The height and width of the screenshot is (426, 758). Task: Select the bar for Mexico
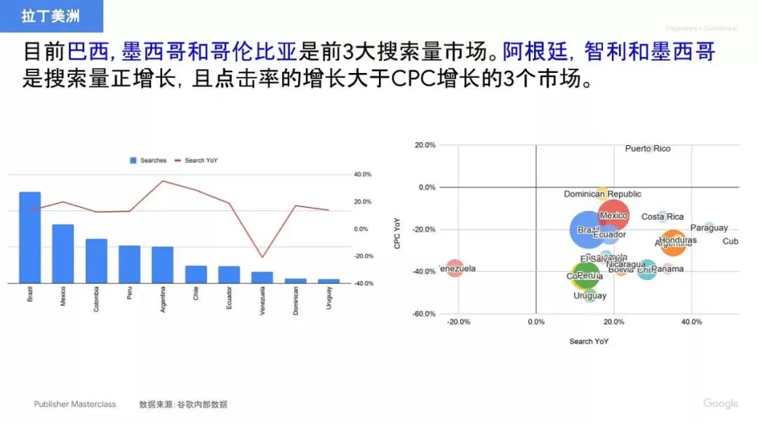click(62, 253)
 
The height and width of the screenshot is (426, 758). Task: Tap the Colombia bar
click(96, 261)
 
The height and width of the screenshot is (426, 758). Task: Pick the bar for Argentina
click(162, 265)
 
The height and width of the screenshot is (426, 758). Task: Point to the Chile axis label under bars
click(196, 295)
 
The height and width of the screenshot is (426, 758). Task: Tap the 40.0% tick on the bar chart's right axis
click(362, 174)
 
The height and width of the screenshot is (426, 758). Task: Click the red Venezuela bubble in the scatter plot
click(455, 268)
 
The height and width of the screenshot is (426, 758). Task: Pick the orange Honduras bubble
click(673, 241)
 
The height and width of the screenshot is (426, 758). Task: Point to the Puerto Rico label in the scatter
click(647, 149)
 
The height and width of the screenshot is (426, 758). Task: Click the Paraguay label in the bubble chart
click(709, 228)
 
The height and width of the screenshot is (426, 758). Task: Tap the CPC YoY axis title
click(397, 233)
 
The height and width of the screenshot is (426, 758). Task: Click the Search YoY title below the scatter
click(588, 341)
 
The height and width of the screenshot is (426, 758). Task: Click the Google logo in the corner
click(721, 404)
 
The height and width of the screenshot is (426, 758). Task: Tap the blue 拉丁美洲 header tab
click(51, 16)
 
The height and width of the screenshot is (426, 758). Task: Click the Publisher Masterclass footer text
click(75, 404)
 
